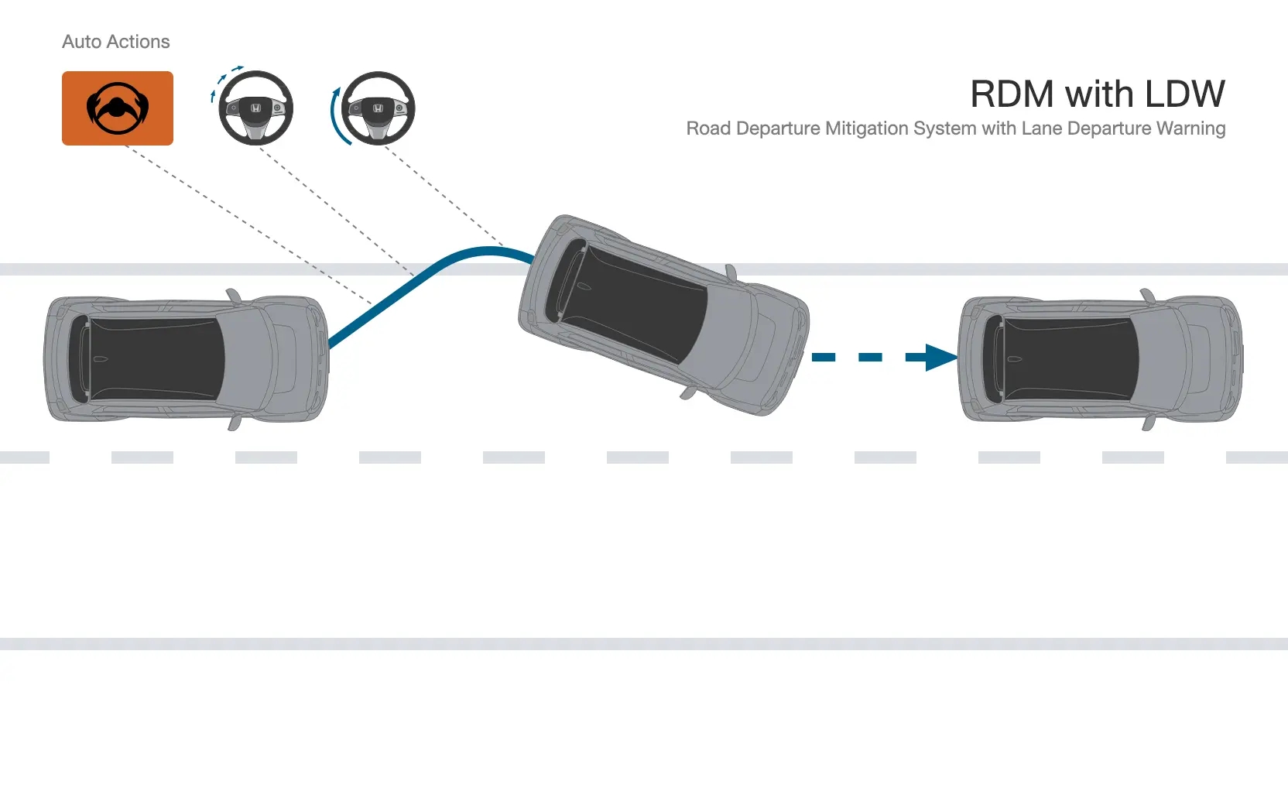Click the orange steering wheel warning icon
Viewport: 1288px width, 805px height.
pos(118,108)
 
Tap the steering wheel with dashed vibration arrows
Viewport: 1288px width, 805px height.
pos(255,108)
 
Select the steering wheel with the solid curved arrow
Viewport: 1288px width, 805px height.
pos(378,108)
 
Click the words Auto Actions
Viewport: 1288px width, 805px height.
pos(115,41)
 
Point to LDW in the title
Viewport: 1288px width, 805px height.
pos(1184,94)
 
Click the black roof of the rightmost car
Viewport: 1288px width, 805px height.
pos(1061,359)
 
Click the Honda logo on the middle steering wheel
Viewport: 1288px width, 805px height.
pos(256,108)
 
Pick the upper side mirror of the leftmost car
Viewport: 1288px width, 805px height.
pos(234,296)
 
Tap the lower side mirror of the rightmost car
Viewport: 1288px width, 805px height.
pos(1148,423)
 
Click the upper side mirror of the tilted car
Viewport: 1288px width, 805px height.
pos(731,272)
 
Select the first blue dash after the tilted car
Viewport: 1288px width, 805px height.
pos(824,358)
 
